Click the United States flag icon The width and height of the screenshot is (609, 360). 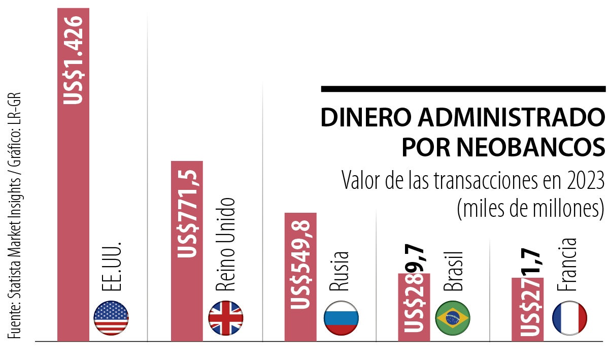pos(111,317)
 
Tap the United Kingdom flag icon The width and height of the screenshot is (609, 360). pos(226,317)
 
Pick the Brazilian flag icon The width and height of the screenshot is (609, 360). pos(453,318)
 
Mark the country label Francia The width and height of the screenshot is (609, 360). pos(568,265)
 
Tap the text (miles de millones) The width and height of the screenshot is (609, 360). pos(531,208)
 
